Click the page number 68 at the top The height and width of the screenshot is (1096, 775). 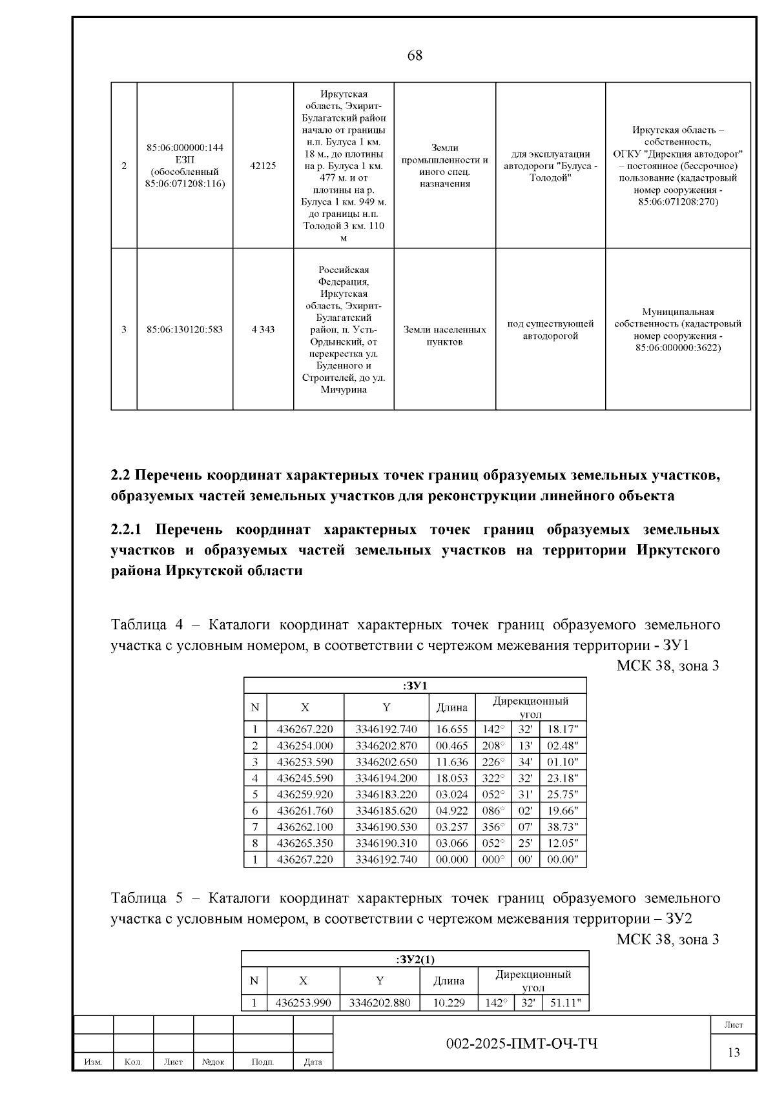415,56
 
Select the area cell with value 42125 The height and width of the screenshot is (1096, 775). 263,166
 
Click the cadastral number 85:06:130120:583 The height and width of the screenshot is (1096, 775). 185,329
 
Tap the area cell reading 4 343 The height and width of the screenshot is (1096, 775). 263,329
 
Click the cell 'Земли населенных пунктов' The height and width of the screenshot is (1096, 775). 444,336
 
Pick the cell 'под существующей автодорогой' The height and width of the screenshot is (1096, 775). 550,330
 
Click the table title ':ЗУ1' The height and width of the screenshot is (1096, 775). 415,685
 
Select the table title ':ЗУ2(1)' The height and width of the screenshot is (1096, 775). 415,959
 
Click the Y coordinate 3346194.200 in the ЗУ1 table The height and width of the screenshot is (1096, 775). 386,778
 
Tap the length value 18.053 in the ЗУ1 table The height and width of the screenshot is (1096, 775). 451,778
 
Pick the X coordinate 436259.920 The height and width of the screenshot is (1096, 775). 305,795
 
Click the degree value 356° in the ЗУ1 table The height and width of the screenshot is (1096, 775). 493,827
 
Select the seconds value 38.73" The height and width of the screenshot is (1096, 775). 563,827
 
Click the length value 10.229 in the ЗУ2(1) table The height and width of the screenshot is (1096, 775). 448,1003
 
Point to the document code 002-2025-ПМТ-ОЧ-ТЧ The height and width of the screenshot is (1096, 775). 522,1044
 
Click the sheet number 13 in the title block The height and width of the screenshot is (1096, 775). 734,1053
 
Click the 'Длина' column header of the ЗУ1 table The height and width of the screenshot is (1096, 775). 451,707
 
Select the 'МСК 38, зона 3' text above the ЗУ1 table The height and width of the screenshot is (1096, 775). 667,666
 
